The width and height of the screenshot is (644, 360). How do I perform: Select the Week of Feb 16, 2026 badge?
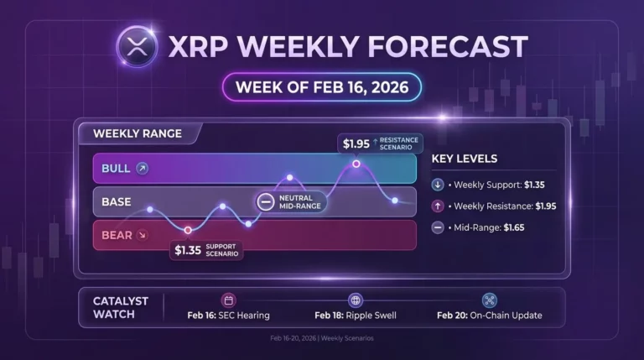click(x=321, y=86)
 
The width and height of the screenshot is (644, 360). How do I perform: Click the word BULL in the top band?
click(x=115, y=168)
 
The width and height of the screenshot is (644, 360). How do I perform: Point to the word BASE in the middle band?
click(x=116, y=201)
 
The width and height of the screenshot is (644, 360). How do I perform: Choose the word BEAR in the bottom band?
click(x=117, y=235)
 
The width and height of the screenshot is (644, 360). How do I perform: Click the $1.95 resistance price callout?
click(x=353, y=143)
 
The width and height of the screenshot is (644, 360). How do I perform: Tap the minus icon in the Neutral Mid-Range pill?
click(x=266, y=201)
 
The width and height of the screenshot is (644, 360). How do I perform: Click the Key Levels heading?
click(x=464, y=159)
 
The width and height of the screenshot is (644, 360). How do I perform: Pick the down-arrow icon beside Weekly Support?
click(x=439, y=184)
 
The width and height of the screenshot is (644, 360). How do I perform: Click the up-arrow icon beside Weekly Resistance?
click(x=439, y=206)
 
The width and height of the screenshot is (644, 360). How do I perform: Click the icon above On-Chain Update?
click(x=489, y=300)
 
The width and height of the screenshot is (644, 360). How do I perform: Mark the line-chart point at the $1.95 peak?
click(x=356, y=164)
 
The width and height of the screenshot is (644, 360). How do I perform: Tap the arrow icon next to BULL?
click(x=142, y=168)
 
